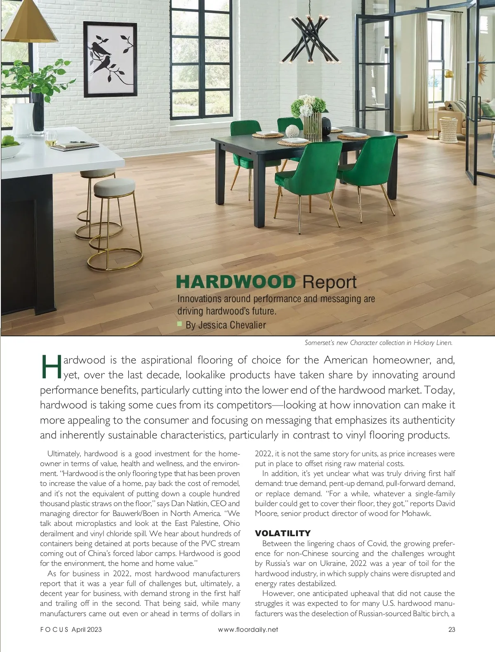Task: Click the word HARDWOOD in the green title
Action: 236,282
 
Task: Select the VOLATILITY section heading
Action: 283,533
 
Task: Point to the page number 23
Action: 451,629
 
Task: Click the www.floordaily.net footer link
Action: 248,629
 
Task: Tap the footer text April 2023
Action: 87,629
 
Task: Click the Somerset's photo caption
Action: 378,342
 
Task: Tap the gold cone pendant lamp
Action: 29,23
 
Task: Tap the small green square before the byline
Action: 179,324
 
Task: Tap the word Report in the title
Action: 329,282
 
